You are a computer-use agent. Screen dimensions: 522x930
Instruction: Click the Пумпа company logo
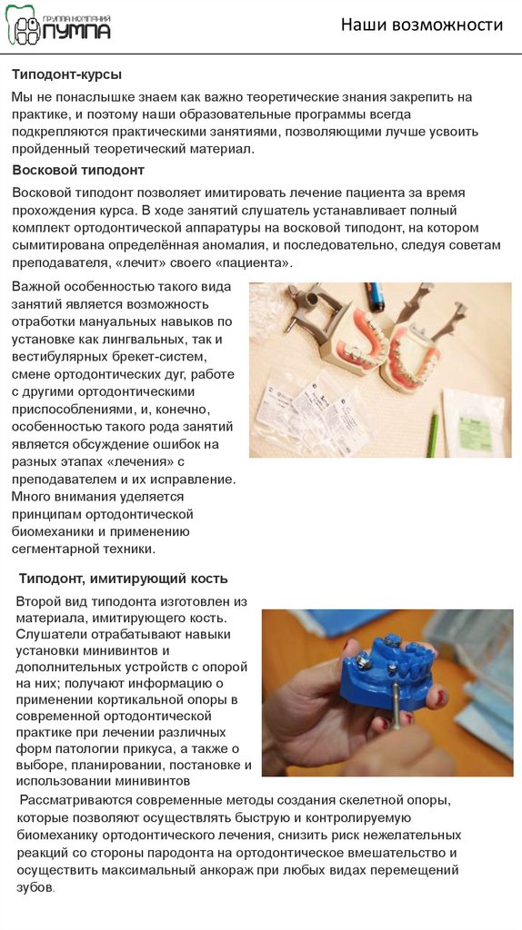(x=57, y=25)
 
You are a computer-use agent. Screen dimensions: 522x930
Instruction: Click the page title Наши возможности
(x=422, y=25)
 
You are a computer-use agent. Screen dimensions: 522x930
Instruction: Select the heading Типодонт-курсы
(x=67, y=74)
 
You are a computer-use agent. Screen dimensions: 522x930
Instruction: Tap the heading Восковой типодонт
(x=78, y=170)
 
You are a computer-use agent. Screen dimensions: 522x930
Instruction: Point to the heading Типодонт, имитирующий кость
(x=123, y=579)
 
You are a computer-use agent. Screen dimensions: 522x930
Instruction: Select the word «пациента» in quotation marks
(x=259, y=262)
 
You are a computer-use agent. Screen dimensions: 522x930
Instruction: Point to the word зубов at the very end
(x=35, y=888)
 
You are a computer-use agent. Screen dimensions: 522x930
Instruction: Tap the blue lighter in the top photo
(x=376, y=296)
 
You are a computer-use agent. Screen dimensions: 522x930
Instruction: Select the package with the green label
(x=473, y=421)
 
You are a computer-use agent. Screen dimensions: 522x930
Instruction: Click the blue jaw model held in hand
(x=391, y=671)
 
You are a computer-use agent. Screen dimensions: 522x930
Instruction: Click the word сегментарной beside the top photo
(x=52, y=549)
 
